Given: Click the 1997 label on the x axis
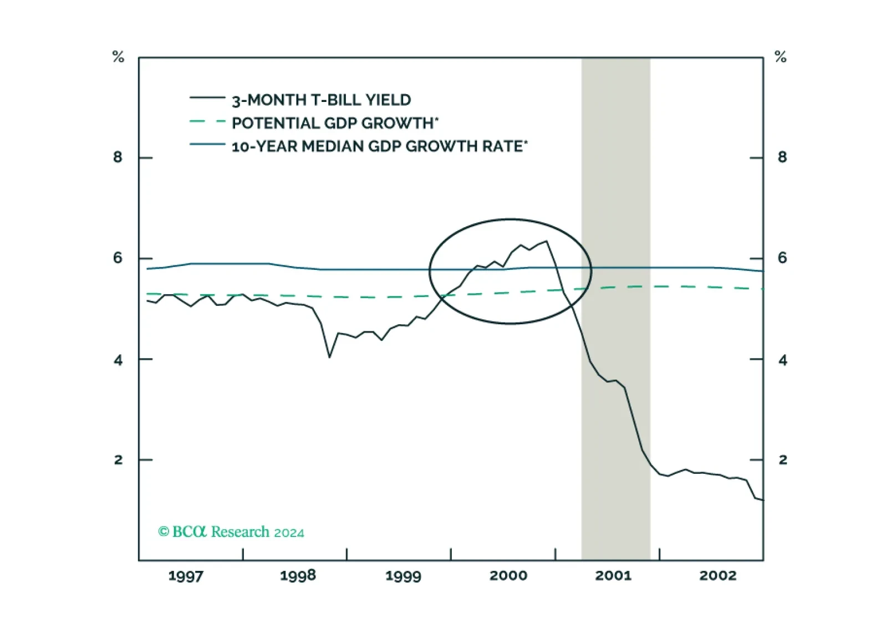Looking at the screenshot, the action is [x=186, y=576].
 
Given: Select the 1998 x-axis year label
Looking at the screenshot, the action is [x=298, y=576].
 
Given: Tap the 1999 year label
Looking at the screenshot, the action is [x=404, y=576].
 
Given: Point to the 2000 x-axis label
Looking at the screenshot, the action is [x=508, y=576].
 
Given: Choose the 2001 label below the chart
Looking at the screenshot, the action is [x=613, y=576].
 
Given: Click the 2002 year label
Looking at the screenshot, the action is [x=718, y=576].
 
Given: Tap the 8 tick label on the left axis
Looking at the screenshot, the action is [x=118, y=157].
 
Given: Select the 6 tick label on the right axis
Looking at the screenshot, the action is [x=782, y=258].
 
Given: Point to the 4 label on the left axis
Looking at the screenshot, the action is [x=118, y=360].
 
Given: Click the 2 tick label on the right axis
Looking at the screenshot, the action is [x=782, y=459].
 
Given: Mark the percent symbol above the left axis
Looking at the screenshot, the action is [x=118, y=57].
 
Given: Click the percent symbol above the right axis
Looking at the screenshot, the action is [x=781, y=57].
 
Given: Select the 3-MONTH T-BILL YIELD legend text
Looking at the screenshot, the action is [x=321, y=100].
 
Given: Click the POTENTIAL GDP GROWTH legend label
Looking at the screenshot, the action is [x=335, y=124].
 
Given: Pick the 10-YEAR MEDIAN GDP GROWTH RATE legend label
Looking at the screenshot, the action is [x=379, y=147].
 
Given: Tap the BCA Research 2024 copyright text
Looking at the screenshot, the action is [x=231, y=531].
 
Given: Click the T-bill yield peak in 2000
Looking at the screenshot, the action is [x=546, y=241].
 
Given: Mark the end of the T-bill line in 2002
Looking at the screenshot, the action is [x=763, y=500].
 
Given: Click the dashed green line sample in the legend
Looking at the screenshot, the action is [x=207, y=121].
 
